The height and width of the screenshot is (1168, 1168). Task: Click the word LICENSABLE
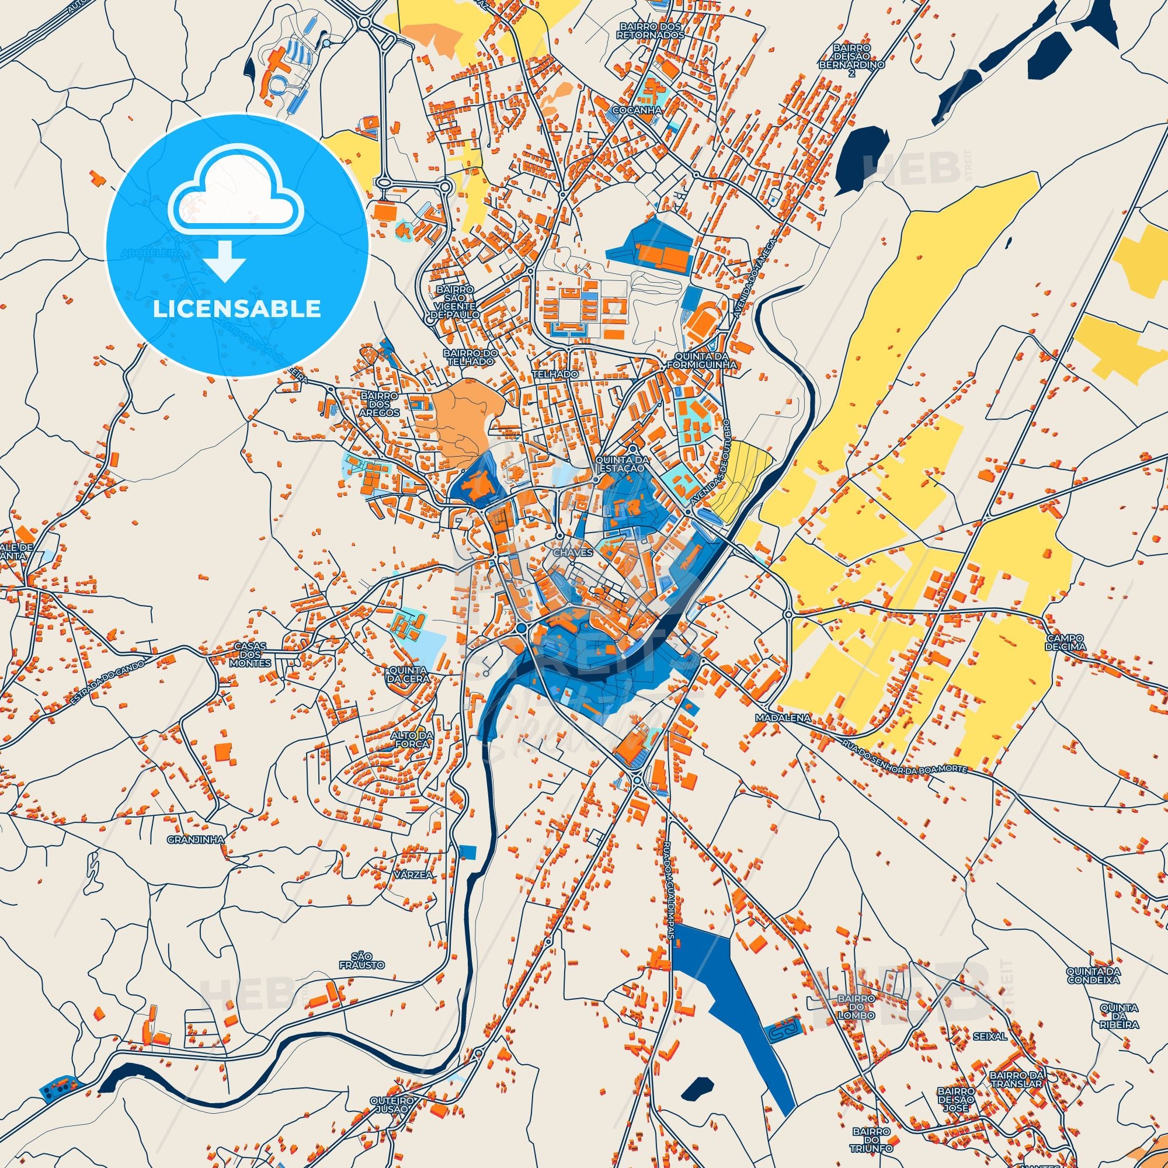click(237, 309)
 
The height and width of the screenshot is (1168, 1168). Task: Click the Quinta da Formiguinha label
click(702, 361)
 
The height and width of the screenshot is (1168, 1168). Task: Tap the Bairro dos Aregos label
click(380, 404)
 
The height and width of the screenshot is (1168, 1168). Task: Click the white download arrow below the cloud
click(225, 260)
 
